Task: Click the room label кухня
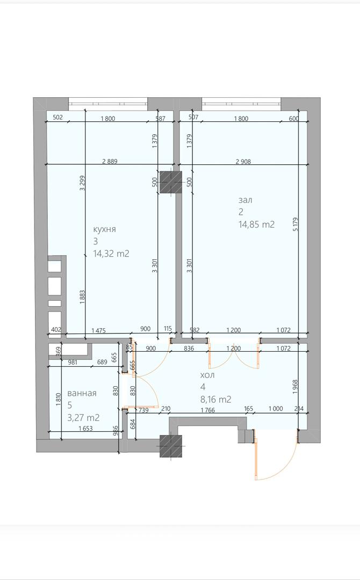pos(104,229)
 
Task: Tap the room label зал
pos(246,200)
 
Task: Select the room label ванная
pos(82,394)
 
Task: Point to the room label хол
pos(207,375)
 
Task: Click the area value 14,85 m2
pos(256,224)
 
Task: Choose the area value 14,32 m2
pos(111,253)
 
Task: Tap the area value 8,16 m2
pos(215,400)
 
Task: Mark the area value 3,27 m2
pos(83,418)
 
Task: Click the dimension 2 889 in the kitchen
pos(110,161)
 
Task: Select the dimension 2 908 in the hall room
pos(243,161)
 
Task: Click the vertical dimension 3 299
pos(83,183)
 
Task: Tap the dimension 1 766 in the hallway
pos(207,409)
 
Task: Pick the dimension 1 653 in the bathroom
pos(85,429)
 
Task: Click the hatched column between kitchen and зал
pos(170,183)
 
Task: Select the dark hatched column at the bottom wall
pos(170,446)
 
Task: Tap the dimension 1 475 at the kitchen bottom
pos(98,330)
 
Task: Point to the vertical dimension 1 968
pos(295,387)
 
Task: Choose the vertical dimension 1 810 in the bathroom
pos(59,400)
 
